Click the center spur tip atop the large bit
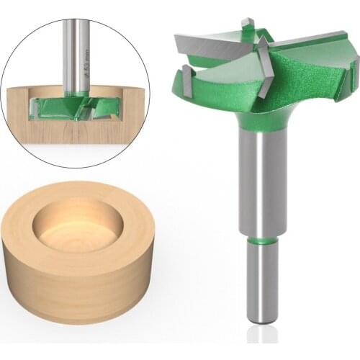click(x=247, y=24)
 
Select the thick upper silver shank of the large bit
click(x=261, y=180)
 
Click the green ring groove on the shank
click(x=261, y=238)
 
